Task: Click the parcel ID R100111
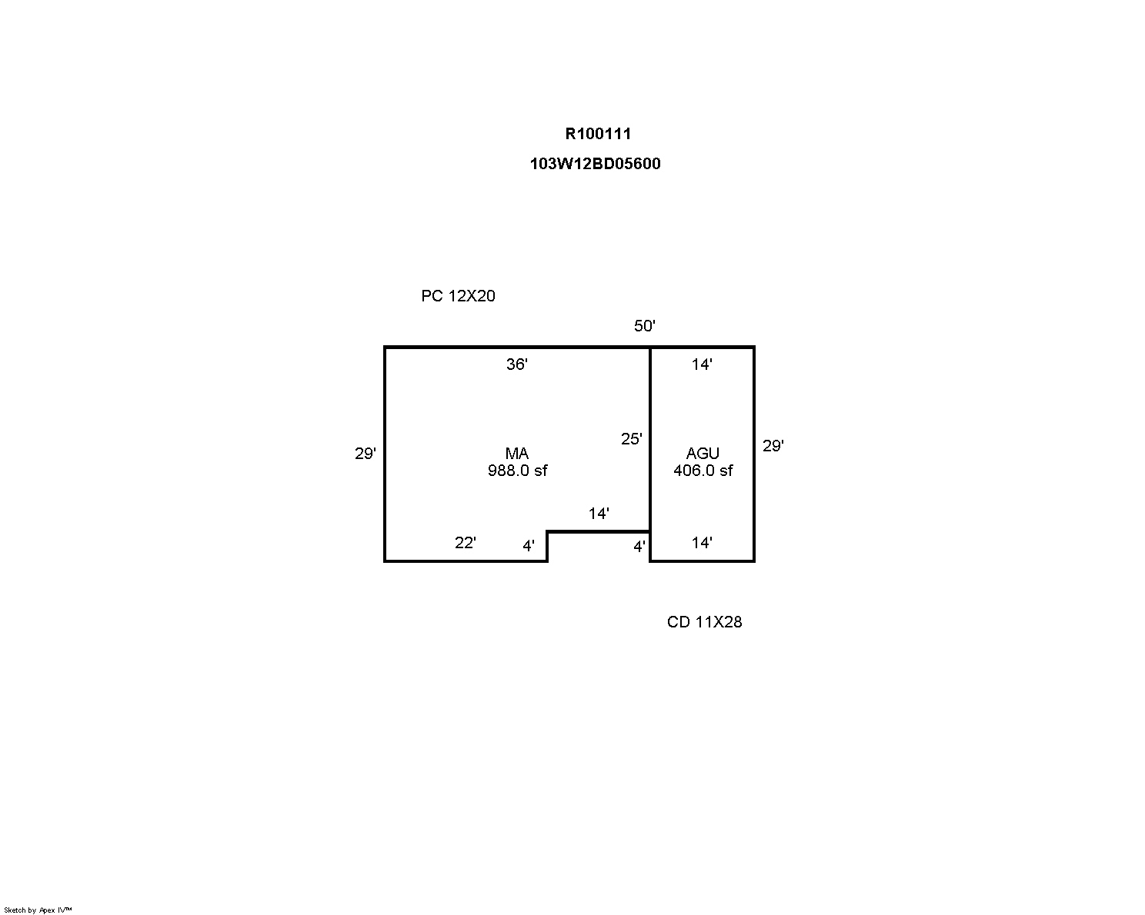point(598,134)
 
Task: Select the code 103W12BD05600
point(595,163)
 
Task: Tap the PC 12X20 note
point(458,295)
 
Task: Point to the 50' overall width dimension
point(644,325)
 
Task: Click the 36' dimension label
point(516,364)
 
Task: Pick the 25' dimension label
point(632,438)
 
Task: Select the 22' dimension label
point(465,542)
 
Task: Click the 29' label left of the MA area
point(365,454)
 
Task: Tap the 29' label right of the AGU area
point(773,445)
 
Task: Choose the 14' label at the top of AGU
point(702,364)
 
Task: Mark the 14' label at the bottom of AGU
point(702,542)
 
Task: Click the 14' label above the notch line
point(599,513)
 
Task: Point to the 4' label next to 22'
point(529,545)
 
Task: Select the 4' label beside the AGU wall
point(639,546)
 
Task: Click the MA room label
point(516,454)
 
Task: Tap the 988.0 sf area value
point(518,471)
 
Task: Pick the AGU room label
point(703,454)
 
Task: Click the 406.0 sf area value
point(703,471)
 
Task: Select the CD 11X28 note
point(704,621)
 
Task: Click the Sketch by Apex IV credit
point(38,910)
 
